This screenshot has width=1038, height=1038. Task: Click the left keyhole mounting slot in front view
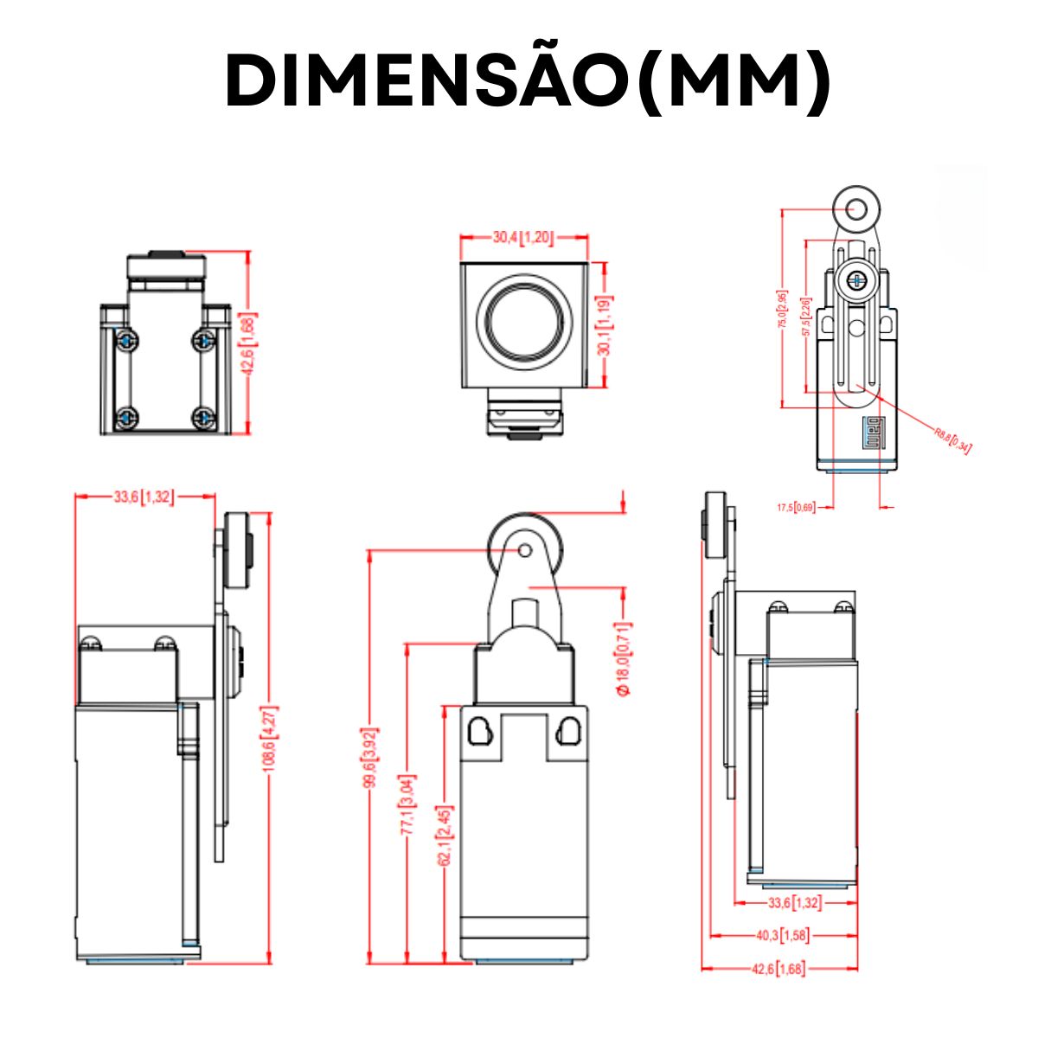478,732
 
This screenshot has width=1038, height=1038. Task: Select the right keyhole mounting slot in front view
568,732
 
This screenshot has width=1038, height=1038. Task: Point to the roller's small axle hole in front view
524,550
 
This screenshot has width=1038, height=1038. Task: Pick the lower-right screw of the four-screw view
204,418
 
